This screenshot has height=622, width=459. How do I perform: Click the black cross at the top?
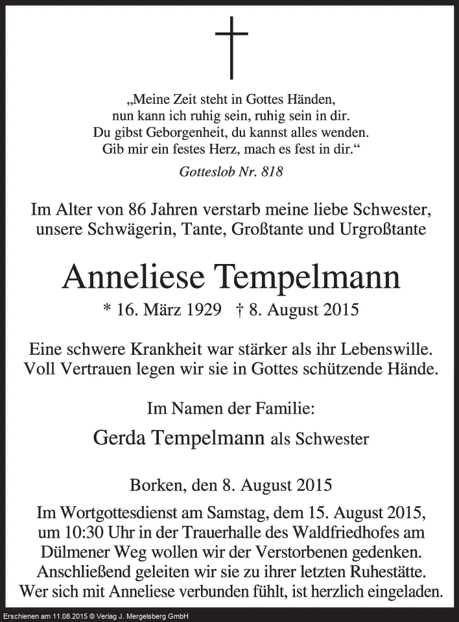coord(231,47)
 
